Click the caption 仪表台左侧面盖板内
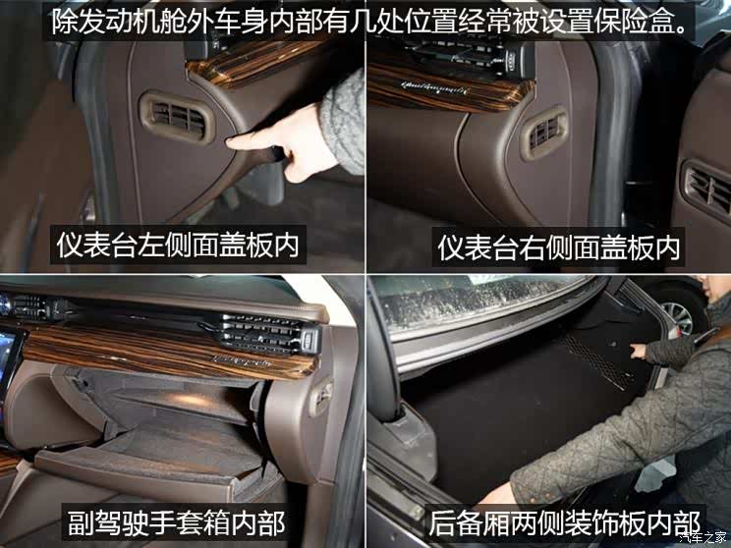[178, 245]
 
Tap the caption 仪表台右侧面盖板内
[558, 247]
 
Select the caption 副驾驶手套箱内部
[176, 522]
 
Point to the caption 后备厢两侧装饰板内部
[565, 522]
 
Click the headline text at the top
[369, 21]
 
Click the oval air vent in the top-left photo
[177, 117]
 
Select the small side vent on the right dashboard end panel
[544, 132]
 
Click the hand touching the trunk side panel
[639, 351]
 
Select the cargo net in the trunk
[596, 361]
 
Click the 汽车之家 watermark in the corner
[703, 537]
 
